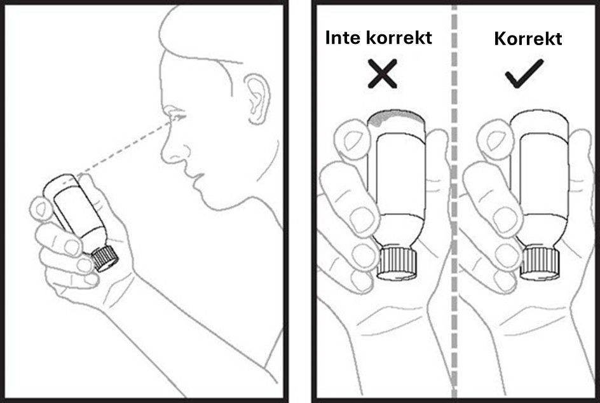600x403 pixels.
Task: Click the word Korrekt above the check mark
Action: (528, 38)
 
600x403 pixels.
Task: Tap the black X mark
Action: (382, 74)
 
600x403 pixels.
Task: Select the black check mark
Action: (524, 74)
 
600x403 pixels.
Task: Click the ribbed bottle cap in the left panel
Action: (104, 258)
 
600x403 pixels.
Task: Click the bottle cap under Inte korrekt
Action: (398, 263)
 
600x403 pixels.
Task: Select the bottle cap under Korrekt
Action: (540, 263)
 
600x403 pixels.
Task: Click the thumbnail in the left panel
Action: (40, 208)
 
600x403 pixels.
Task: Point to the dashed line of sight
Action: (125, 147)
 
